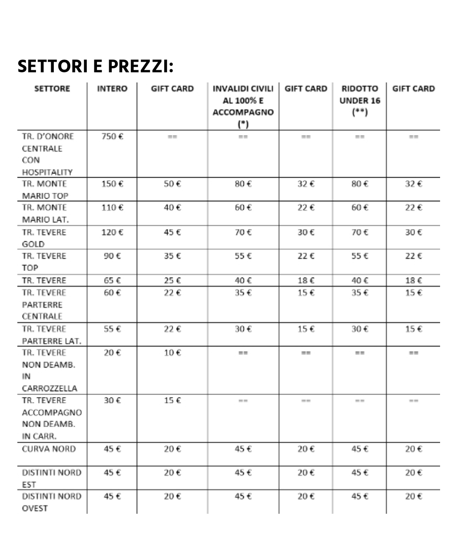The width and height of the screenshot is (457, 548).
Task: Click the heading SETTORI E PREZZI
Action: click(x=96, y=66)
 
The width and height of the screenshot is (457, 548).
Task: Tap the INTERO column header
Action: click(x=112, y=89)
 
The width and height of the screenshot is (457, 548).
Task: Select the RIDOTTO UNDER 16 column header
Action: click(x=359, y=100)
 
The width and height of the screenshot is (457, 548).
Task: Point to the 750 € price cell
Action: click(x=112, y=136)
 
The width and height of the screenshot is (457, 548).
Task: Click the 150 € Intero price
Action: click(x=112, y=184)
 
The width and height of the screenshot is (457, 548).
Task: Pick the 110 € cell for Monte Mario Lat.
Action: click(x=112, y=208)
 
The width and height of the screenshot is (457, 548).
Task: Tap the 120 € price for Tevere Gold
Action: click(x=112, y=232)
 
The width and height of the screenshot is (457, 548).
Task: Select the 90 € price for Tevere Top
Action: click(x=112, y=256)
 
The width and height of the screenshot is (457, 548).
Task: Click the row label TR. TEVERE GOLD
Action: click(x=44, y=238)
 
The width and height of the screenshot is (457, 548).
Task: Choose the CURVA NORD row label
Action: click(x=49, y=449)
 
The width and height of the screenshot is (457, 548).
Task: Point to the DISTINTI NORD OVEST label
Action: click(x=51, y=502)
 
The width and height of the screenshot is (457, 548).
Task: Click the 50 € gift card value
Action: click(x=172, y=184)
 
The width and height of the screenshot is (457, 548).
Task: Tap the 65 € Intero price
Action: click(x=112, y=280)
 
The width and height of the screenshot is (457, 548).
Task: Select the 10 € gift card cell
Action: click(x=172, y=353)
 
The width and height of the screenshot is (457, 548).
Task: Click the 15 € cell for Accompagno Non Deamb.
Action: click(x=172, y=400)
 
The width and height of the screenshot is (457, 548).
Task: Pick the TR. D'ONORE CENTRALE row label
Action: click(x=47, y=154)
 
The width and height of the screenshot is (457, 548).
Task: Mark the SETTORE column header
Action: click(x=52, y=89)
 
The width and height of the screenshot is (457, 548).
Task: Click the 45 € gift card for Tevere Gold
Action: click(x=172, y=232)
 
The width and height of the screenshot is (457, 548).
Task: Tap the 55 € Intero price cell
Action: click(x=112, y=329)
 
